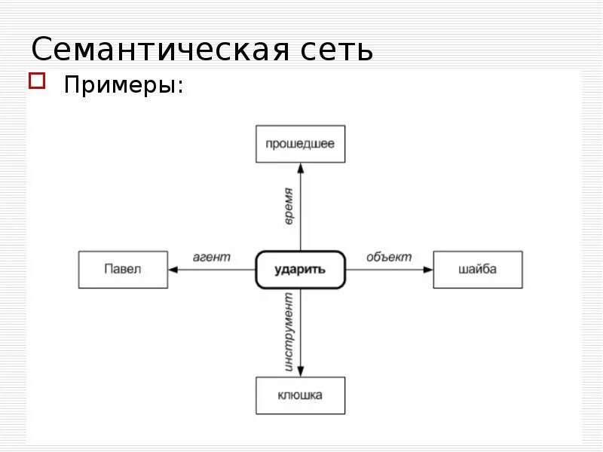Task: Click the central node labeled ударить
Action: pyautogui.click(x=300, y=269)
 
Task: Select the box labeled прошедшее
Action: pyautogui.click(x=300, y=144)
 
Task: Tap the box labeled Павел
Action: pyautogui.click(x=123, y=269)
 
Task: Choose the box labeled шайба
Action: pyautogui.click(x=477, y=269)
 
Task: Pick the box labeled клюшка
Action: pyautogui.click(x=300, y=395)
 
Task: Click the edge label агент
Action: pyautogui.click(x=212, y=257)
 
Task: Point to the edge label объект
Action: pyautogui.click(x=389, y=257)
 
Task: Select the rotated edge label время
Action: pyautogui.click(x=289, y=206)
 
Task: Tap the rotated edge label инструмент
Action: pyautogui.click(x=289, y=332)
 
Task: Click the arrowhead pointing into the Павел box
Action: pyautogui.click(x=173, y=269)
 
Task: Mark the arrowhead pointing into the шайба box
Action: pyautogui.click(x=428, y=269)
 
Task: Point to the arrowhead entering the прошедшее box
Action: pyautogui.click(x=300, y=167)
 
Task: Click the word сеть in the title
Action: pyautogui.click(x=337, y=50)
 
